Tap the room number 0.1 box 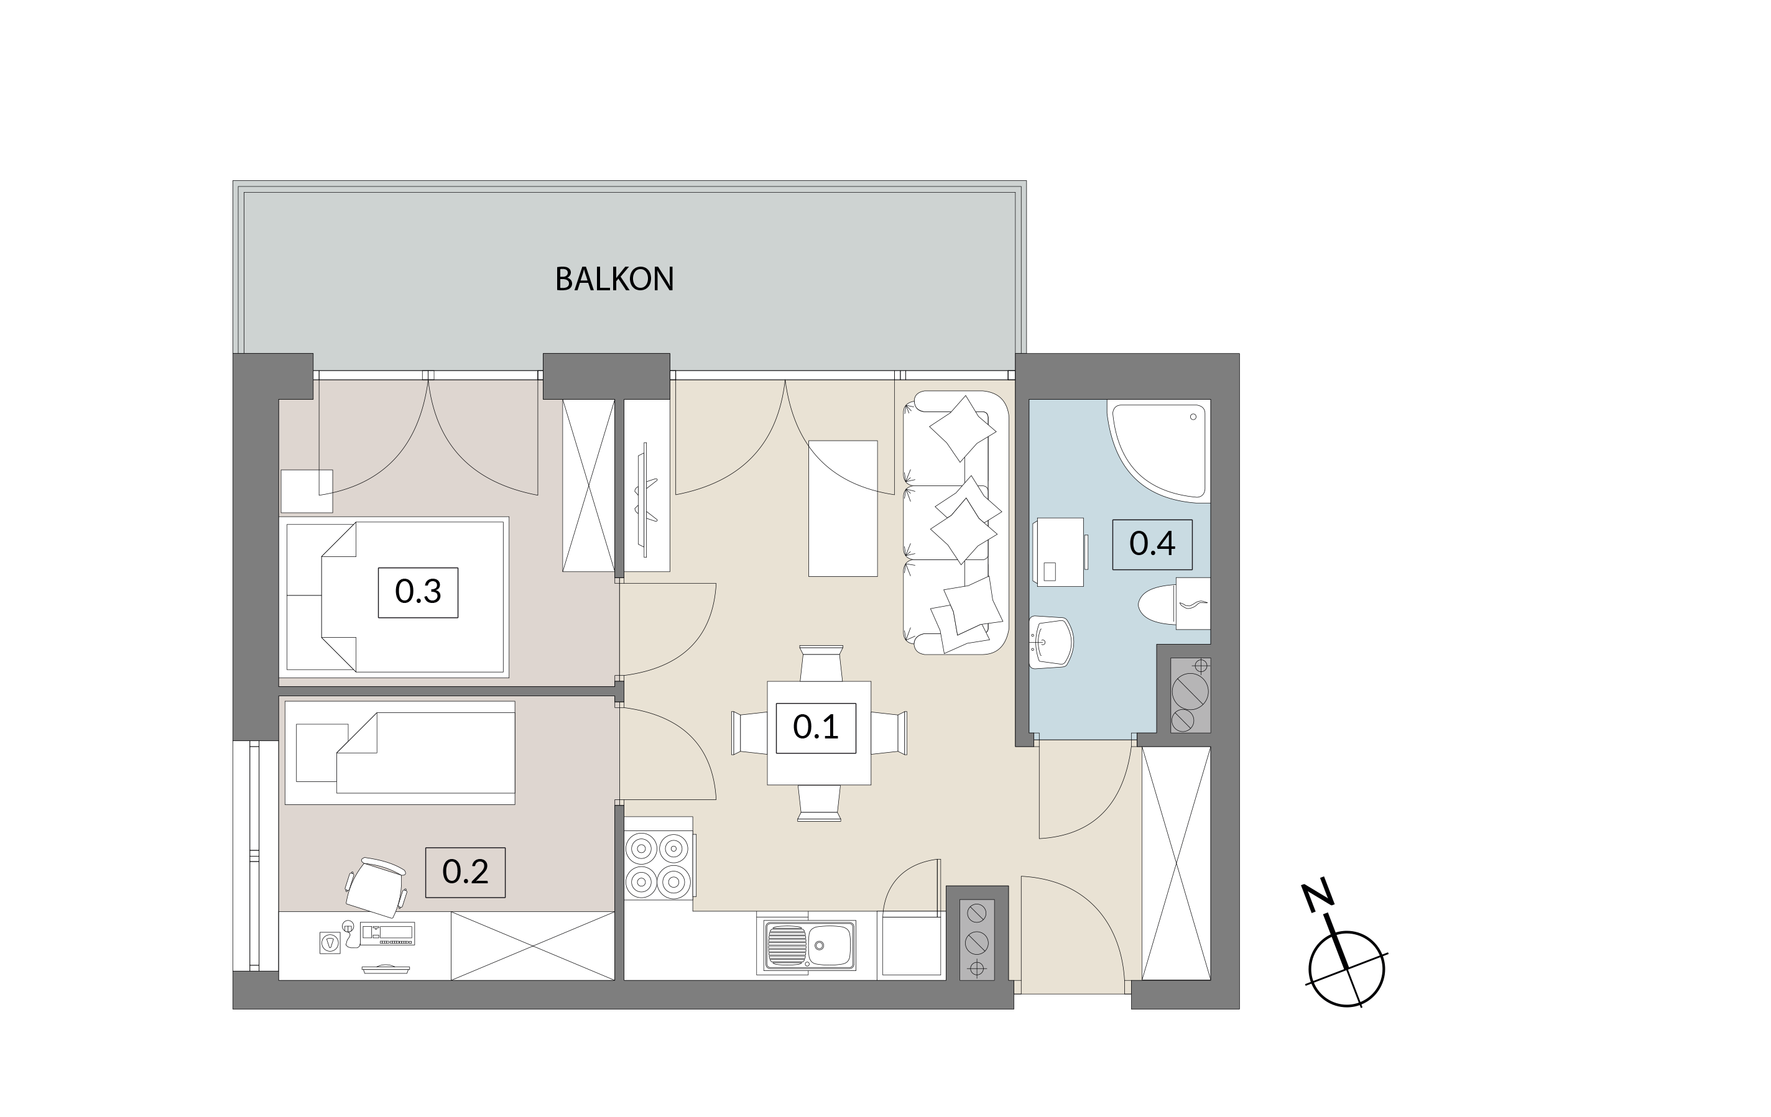pos(816,728)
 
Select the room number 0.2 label pos(465,872)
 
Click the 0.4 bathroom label pos(1152,544)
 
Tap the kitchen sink pos(809,945)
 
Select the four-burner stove pos(659,865)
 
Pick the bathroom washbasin pos(1050,642)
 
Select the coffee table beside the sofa pos(843,508)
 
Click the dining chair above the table pos(821,663)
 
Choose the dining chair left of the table pos(749,732)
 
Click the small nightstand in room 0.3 pos(307,491)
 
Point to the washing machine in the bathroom pos(1060,551)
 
